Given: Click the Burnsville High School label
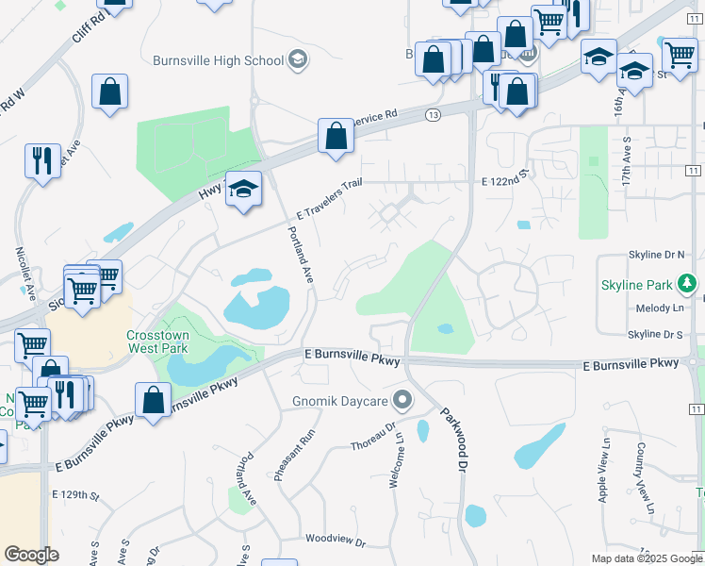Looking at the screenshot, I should pos(218,60).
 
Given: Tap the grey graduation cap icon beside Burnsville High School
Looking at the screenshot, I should pos(297,60).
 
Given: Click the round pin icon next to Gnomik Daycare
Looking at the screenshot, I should pos(403,402).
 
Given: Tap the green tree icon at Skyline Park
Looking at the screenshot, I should pos(689,283).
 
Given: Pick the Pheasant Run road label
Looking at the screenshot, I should pos(294,456).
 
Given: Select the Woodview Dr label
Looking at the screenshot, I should pos(335,540).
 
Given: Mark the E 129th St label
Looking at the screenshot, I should pos(75,494).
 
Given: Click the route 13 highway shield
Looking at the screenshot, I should pos(433,114).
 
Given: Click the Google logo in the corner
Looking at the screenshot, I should pos(31,555).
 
